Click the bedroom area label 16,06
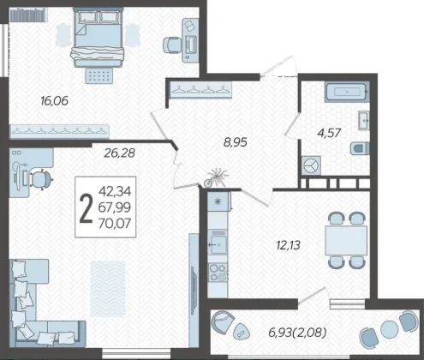click(54, 101)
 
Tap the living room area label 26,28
click(119, 153)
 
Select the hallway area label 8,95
click(236, 142)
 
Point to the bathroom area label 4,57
click(329, 133)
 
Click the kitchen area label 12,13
click(289, 245)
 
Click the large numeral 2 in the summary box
click(87, 207)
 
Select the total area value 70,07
click(115, 224)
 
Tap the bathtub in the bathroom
click(347, 92)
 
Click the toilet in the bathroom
click(360, 148)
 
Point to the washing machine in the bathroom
click(311, 165)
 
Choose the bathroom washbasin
click(364, 120)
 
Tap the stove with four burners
click(218, 273)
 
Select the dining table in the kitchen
click(346, 240)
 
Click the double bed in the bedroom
click(98, 38)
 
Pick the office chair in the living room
click(42, 179)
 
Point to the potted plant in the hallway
click(216, 177)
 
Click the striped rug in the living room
click(108, 289)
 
